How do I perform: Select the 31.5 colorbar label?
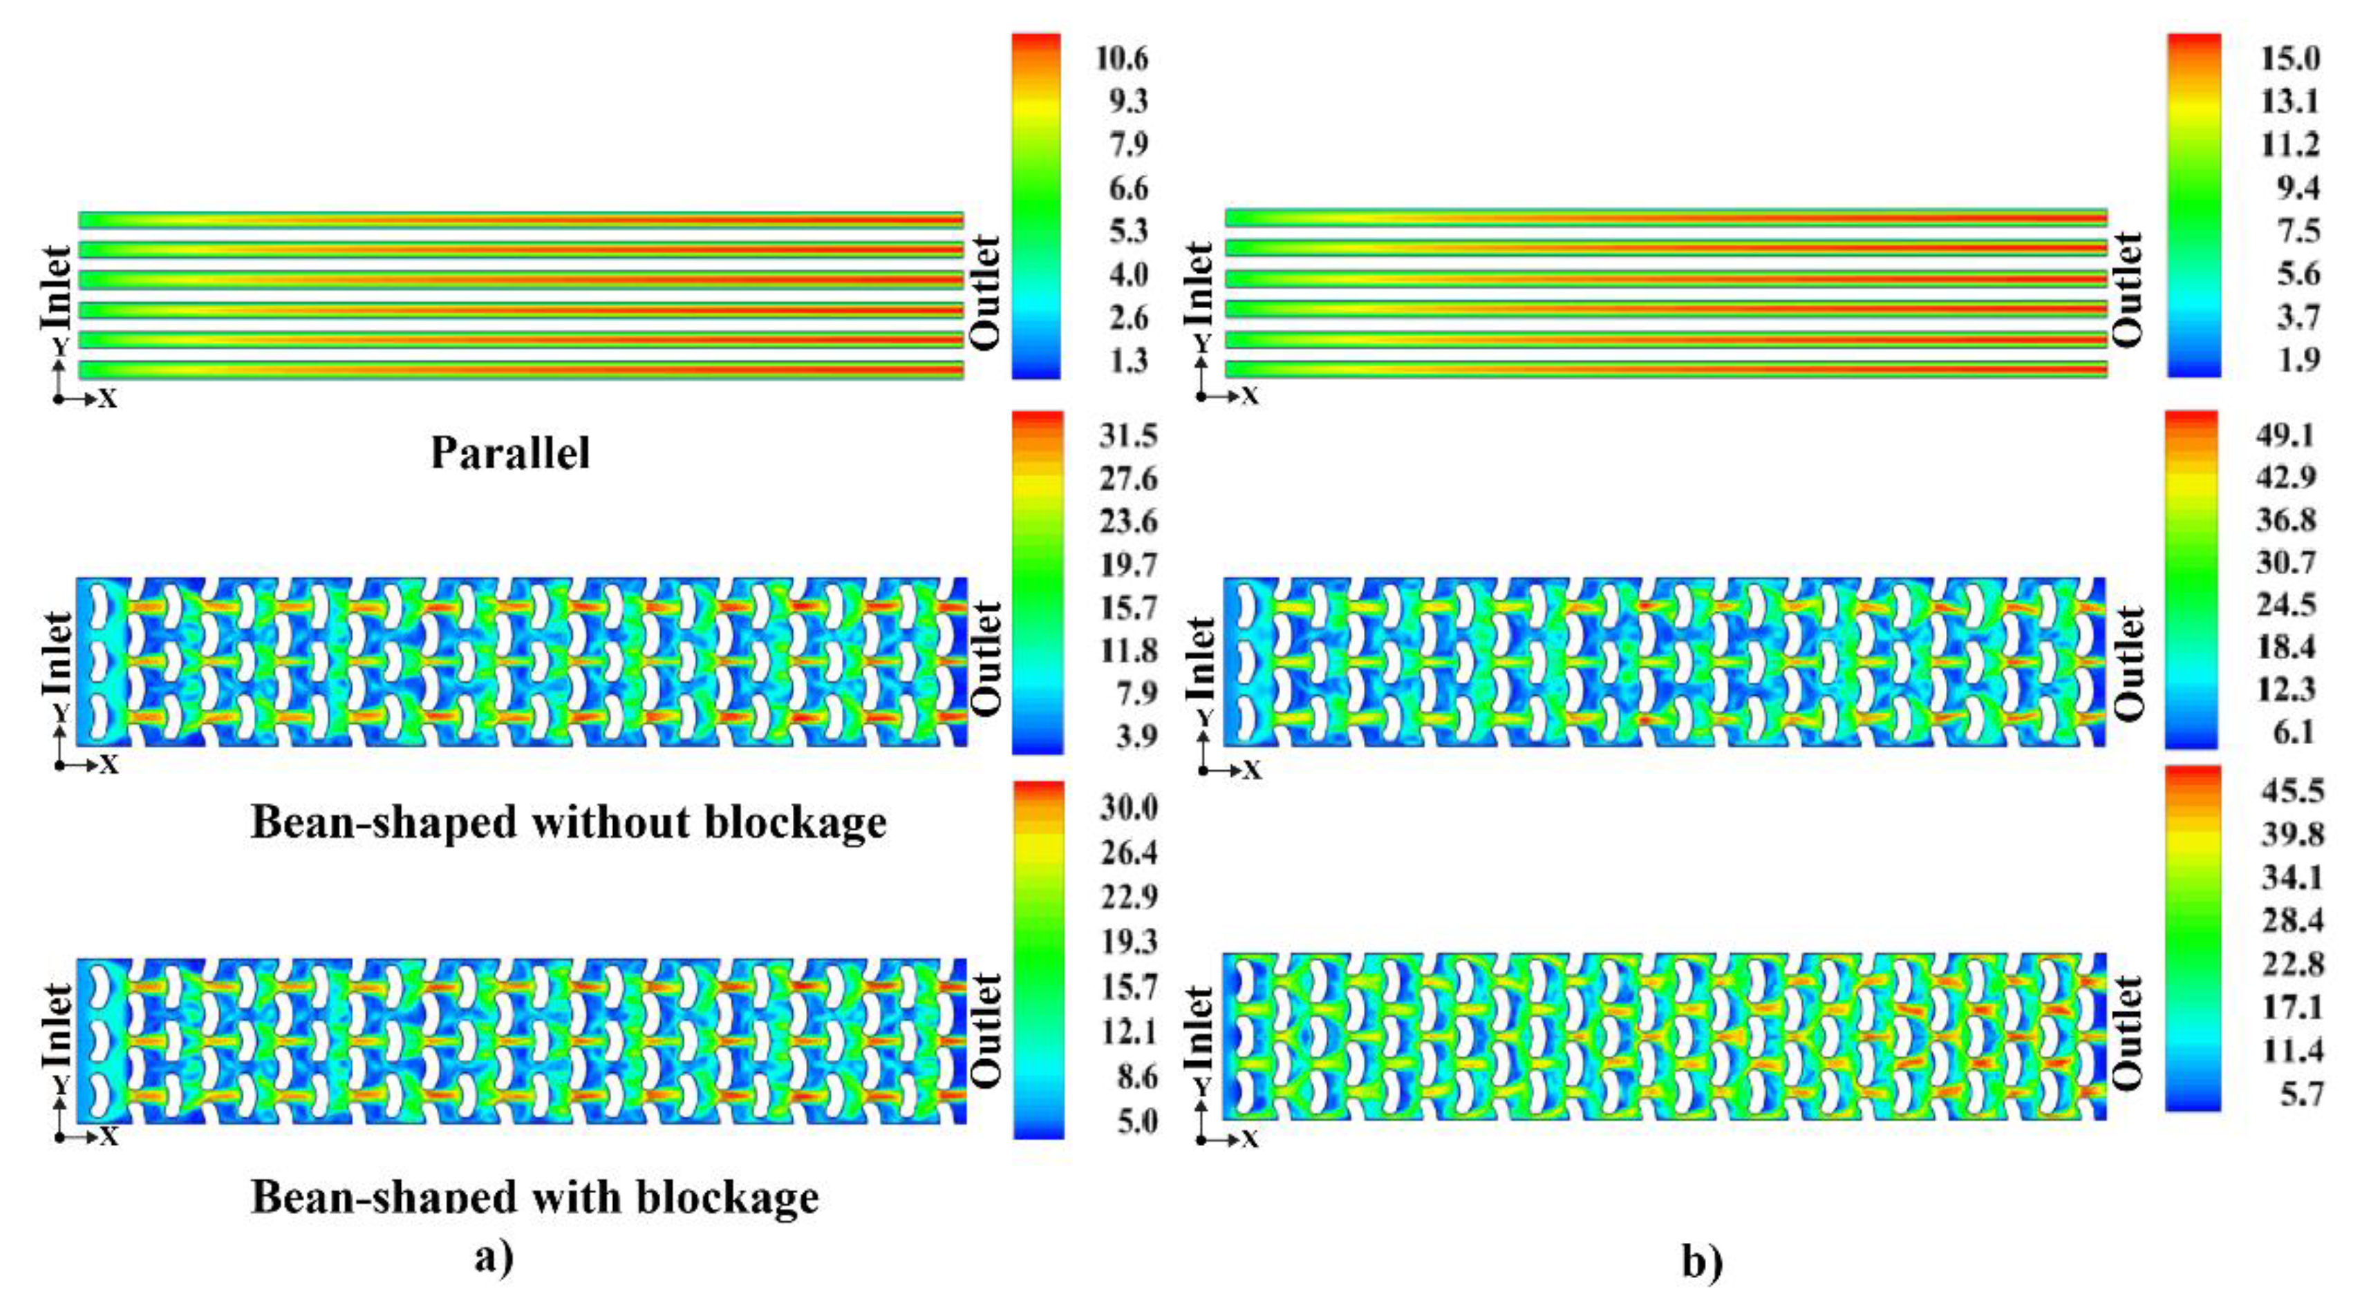[x=1127, y=436]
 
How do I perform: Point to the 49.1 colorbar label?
[x=2285, y=435]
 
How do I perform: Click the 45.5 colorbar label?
[x=2292, y=790]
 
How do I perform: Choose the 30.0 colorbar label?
[x=1128, y=809]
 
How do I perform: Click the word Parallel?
[x=510, y=454]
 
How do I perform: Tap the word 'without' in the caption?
[x=606, y=821]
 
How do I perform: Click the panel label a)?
[x=494, y=1257]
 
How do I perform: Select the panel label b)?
[x=1701, y=1262]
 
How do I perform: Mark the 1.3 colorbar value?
[x=1127, y=361]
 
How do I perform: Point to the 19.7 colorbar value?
[x=1127, y=565]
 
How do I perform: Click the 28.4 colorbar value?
[x=2292, y=920]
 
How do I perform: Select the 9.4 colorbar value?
[x=2297, y=189]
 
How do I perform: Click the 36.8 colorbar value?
[x=2285, y=521]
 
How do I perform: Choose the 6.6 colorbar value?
[x=1127, y=189]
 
